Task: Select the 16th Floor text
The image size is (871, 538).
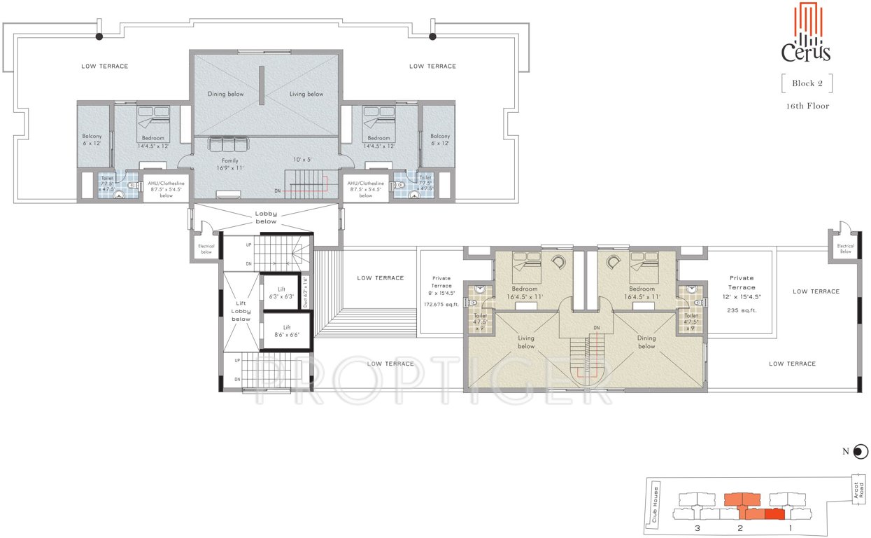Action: [x=807, y=106]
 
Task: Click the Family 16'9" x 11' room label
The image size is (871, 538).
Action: [x=229, y=165]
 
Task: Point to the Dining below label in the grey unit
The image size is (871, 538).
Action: [x=226, y=94]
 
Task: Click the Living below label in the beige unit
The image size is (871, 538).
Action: [x=526, y=342]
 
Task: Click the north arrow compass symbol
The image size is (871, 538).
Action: [x=861, y=452]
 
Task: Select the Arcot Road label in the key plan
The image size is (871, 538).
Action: [x=855, y=488]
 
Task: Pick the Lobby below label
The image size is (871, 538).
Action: [x=266, y=217]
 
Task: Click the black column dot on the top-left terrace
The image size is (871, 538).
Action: [x=99, y=36]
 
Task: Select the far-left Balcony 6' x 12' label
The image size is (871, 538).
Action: [x=93, y=139]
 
